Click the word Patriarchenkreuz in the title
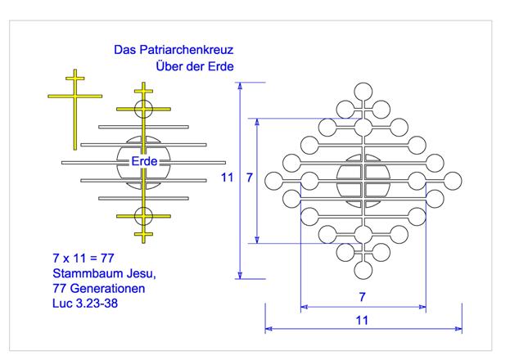tap(187, 50)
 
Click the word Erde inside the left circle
tap(144, 161)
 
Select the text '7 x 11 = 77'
tap(83, 259)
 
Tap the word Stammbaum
tap(88, 273)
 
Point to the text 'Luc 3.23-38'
tap(85, 304)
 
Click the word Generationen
tap(107, 289)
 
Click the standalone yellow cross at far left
tap(75, 110)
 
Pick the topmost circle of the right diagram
tap(363, 92)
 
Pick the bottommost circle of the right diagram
tap(363, 270)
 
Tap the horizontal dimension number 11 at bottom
tap(362, 321)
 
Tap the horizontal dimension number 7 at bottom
tap(363, 297)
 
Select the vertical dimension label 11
tap(228, 178)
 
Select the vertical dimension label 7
tap(250, 178)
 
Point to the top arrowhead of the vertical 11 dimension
tap(240, 86)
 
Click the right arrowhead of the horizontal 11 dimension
tap(458, 329)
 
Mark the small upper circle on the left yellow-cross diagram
tap(143, 109)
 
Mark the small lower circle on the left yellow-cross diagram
tap(143, 216)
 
